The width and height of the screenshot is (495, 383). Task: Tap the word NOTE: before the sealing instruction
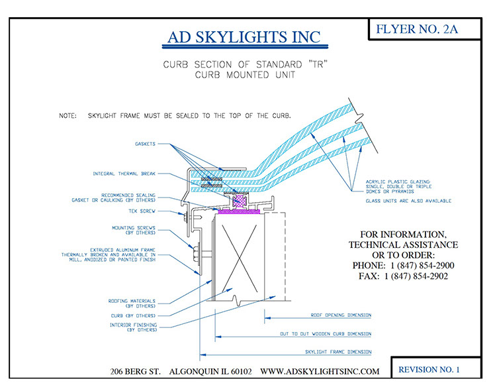tap(67, 116)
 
